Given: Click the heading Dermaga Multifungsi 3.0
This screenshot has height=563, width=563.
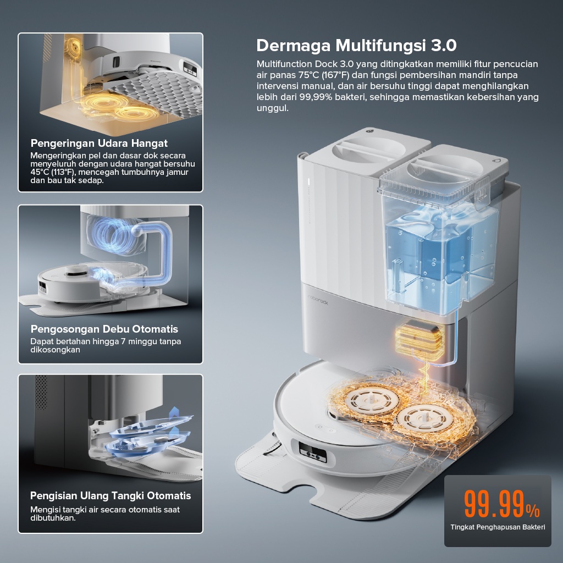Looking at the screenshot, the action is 356,46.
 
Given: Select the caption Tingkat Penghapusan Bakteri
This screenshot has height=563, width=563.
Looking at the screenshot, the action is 498,527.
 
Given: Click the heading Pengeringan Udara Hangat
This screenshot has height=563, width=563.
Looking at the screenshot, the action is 99,143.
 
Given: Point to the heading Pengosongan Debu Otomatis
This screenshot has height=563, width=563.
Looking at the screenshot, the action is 104,329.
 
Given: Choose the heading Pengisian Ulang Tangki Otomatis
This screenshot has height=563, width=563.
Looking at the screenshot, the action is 111,495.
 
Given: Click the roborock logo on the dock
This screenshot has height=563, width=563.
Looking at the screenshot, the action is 318,300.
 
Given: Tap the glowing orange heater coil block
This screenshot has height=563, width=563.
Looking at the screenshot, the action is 420,338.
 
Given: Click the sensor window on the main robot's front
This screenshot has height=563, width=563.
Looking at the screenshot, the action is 312,452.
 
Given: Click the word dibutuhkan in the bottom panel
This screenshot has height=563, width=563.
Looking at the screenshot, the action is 53,518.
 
